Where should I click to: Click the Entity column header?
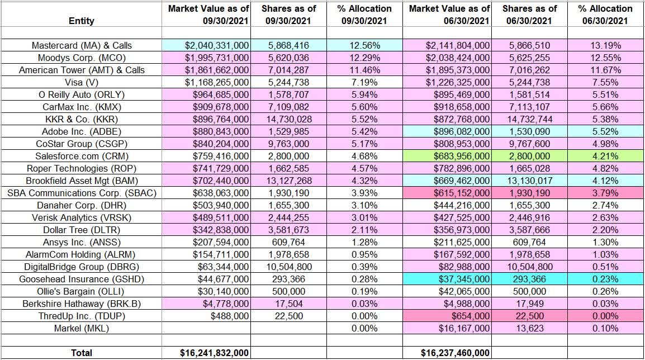[x=81, y=21]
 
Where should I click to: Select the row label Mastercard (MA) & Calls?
[x=81, y=45]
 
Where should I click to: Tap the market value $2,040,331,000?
[x=206, y=45]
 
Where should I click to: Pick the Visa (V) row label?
[x=81, y=82]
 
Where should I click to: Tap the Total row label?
[x=81, y=353]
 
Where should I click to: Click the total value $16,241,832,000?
[x=206, y=353]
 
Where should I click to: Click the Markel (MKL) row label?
[x=81, y=328]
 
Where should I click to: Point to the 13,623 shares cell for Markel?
[x=529, y=328]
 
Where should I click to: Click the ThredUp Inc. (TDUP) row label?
[x=81, y=316]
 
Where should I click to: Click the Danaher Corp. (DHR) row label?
[x=81, y=205]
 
